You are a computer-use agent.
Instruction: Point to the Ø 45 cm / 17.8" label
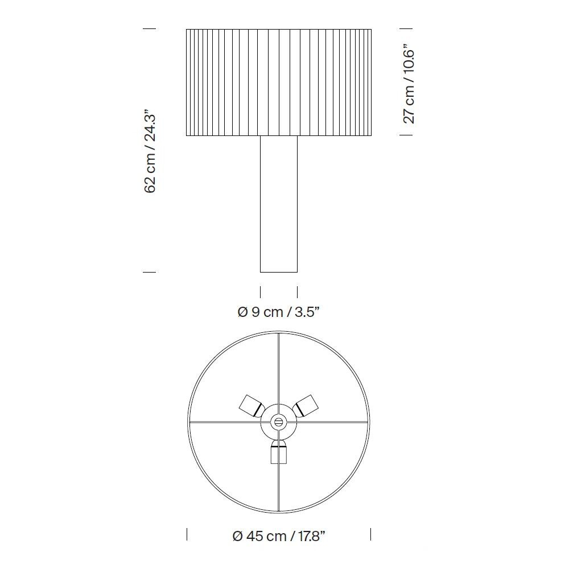tap(279, 535)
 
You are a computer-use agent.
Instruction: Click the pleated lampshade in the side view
tap(279, 83)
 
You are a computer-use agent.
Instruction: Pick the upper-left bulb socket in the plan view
tap(250, 405)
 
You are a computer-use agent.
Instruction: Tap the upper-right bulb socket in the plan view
tap(307, 405)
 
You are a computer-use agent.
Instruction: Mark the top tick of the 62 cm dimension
tap(149, 28)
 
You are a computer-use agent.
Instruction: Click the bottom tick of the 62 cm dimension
tap(149, 272)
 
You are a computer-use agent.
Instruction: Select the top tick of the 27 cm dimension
tap(406, 28)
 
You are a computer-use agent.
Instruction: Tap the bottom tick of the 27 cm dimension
tap(406, 135)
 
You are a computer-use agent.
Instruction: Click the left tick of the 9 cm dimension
tap(261, 292)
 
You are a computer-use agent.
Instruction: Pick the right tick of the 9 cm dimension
tap(297, 292)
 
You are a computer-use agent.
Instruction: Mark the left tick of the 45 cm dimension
tap(187, 534)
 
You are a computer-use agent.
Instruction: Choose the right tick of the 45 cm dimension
tap(371, 534)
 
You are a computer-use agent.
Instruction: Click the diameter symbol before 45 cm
tap(238, 536)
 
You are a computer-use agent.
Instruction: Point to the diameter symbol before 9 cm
tap(242, 312)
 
